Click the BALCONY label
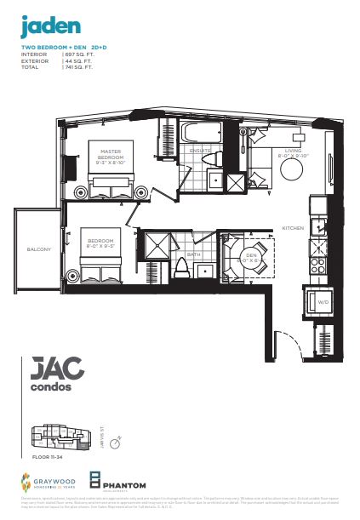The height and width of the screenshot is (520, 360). coord(39,249)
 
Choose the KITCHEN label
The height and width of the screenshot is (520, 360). coord(294,228)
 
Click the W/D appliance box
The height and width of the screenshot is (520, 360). coord(323,301)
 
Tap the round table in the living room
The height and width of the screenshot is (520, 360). coord(294,169)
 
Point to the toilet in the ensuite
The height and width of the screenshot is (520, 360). coord(215,159)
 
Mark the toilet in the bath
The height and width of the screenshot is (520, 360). coord(181,266)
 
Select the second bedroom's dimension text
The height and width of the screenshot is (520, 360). coord(106,249)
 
